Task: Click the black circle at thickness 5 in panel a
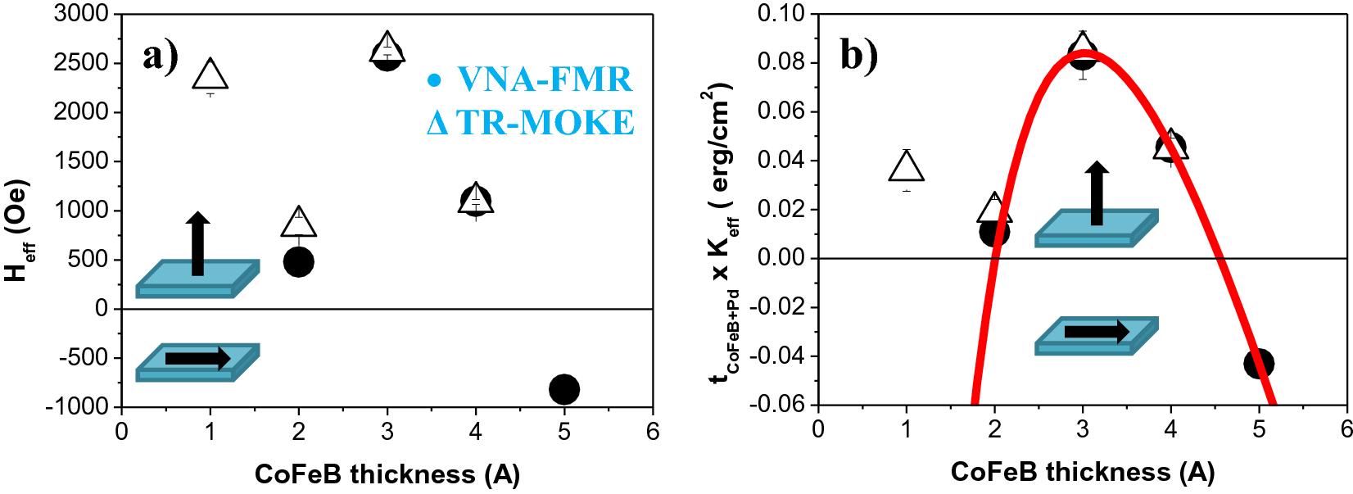click(x=564, y=389)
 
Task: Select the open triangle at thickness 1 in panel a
click(x=210, y=75)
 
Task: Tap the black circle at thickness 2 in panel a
click(x=298, y=262)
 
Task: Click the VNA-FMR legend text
click(x=544, y=79)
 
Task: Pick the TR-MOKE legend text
click(x=544, y=123)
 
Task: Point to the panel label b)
click(x=858, y=56)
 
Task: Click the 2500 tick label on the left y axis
click(x=81, y=62)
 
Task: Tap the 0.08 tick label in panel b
click(x=781, y=62)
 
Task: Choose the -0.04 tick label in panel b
click(x=777, y=356)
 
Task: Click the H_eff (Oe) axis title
click(x=18, y=231)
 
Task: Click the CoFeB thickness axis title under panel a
click(x=387, y=474)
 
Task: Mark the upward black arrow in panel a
click(x=197, y=244)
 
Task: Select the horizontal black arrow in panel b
click(x=1096, y=332)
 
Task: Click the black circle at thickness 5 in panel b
click(x=1258, y=364)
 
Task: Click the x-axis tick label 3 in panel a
click(x=387, y=432)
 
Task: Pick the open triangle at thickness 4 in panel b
click(x=1170, y=146)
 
